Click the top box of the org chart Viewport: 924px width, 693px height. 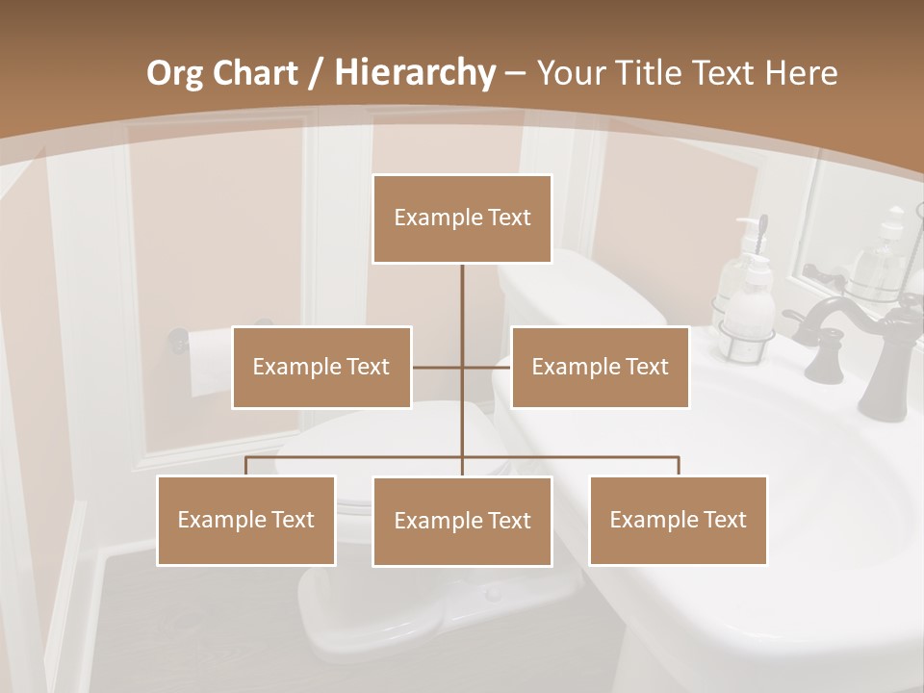[462, 218]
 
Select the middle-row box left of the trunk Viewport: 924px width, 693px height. [321, 367]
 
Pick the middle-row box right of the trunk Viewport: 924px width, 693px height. [600, 367]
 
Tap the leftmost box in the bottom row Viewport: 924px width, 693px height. [246, 520]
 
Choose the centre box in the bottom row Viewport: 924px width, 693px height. [462, 521]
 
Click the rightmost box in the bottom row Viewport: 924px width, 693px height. [678, 520]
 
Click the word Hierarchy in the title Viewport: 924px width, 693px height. [415, 72]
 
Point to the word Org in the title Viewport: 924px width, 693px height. [173, 73]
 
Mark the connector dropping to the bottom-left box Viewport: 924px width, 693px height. [246, 466]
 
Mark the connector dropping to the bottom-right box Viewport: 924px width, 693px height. [678, 466]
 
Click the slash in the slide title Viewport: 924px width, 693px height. [315, 73]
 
